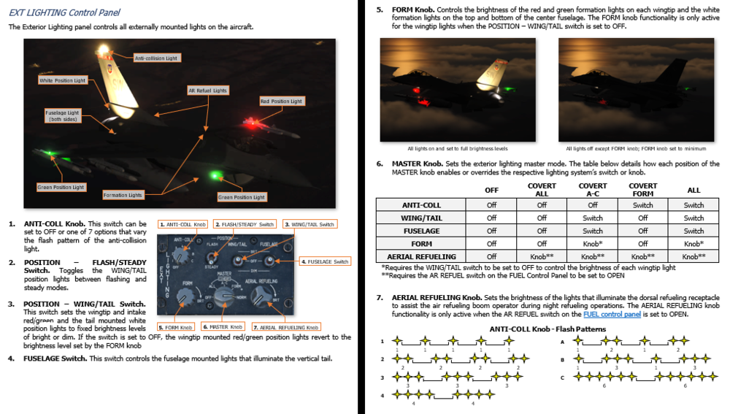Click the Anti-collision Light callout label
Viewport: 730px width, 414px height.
(x=155, y=58)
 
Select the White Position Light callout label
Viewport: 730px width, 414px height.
(x=62, y=80)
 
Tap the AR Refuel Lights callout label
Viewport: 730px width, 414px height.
(x=208, y=91)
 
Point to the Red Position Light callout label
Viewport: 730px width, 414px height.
(x=281, y=101)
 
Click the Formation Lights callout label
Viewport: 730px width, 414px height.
(x=123, y=195)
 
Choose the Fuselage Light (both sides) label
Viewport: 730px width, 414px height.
(x=64, y=116)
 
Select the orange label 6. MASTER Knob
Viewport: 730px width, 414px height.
(x=223, y=327)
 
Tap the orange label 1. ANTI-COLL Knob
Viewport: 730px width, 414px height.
(x=182, y=224)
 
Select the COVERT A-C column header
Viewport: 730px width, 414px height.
(x=593, y=190)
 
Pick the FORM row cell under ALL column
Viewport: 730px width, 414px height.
(x=693, y=244)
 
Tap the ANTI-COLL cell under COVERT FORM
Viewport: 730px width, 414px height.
(x=642, y=205)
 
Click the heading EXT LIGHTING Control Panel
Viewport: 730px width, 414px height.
(x=64, y=12)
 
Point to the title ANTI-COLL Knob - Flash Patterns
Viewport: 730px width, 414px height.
(x=548, y=329)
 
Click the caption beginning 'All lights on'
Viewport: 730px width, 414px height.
(x=458, y=148)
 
